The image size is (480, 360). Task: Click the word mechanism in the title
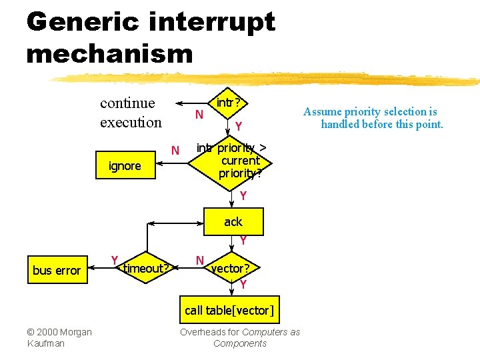(x=109, y=53)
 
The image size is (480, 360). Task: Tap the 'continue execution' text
(x=131, y=113)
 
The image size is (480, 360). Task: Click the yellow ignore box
(x=125, y=166)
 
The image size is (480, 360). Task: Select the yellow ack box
(x=233, y=222)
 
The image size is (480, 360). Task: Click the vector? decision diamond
(x=230, y=269)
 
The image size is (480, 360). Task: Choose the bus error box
(x=57, y=270)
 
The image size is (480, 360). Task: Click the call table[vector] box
(x=229, y=310)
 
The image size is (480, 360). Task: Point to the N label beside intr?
(x=199, y=115)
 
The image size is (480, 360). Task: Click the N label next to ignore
(x=175, y=150)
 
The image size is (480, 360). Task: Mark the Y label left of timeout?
(x=115, y=260)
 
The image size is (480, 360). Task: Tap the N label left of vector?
(x=199, y=260)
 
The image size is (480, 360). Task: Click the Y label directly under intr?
(x=238, y=126)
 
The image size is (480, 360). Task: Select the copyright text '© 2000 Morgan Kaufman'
(x=59, y=337)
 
